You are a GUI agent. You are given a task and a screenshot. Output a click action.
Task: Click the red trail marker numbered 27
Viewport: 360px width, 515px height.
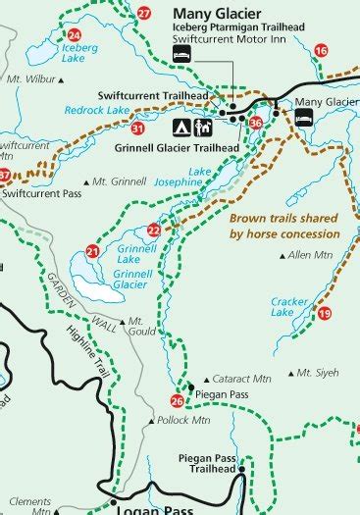[x=144, y=14]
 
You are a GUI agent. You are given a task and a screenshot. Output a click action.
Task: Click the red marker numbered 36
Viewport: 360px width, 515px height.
[x=256, y=123]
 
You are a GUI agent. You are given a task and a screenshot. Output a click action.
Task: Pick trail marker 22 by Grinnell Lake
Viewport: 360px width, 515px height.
[x=153, y=231]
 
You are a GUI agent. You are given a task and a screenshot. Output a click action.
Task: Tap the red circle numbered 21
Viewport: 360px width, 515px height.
[x=92, y=251]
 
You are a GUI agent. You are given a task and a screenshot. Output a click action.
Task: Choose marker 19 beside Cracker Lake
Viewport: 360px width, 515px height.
[x=325, y=313]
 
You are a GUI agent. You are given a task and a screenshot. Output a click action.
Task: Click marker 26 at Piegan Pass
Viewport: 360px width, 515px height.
[x=177, y=400]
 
